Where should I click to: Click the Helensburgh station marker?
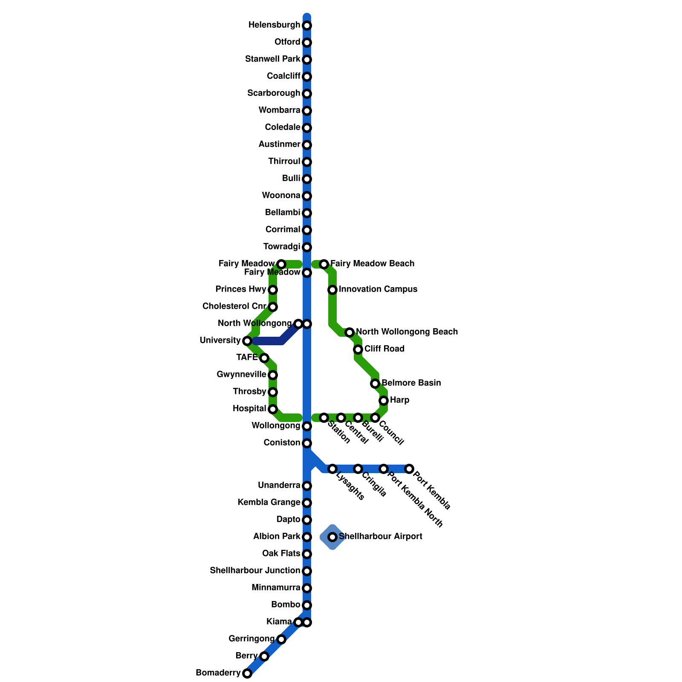[x=307, y=26]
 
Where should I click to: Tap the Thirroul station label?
[x=284, y=162]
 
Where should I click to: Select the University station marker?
[x=247, y=341]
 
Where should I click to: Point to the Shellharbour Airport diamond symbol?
[x=332, y=537]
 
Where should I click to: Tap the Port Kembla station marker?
[x=409, y=469]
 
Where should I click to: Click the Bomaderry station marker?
[x=247, y=673]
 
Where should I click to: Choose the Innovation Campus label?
[x=378, y=289]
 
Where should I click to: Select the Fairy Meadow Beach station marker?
[x=324, y=264]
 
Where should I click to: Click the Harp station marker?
[x=384, y=400]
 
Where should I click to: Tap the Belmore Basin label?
[x=411, y=383]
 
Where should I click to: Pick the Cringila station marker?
[x=358, y=469]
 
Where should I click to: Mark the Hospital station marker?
[x=273, y=409]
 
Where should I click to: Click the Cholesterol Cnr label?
[x=234, y=306]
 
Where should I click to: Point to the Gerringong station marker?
[x=281, y=639]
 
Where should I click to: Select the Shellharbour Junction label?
[x=254, y=571]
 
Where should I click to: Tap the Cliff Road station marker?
[x=358, y=350]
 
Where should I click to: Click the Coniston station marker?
[x=307, y=443]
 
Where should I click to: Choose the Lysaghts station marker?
[x=332, y=469]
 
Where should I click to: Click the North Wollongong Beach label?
[x=407, y=332]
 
